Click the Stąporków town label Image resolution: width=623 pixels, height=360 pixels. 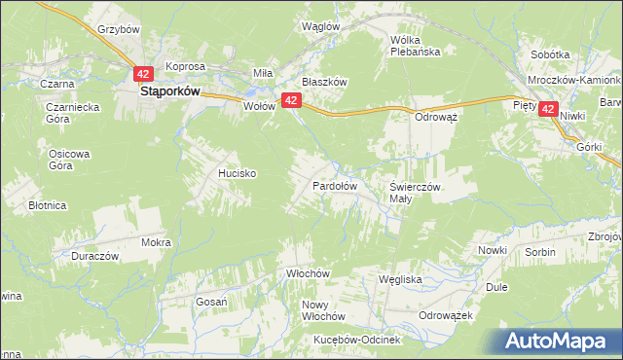click(x=170, y=90)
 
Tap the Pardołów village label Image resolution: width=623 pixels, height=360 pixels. click(x=335, y=185)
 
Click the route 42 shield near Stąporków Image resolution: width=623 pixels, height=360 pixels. click(x=143, y=74)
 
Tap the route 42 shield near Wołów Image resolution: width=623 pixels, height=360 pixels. click(x=290, y=99)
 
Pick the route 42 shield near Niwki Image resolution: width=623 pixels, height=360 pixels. click(x=549, y=111)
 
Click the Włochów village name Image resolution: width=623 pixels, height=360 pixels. click(x=310, y=274)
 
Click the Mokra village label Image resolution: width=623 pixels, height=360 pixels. click(x=156, y=242)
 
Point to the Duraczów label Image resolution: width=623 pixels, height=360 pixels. click(x=94, y=256)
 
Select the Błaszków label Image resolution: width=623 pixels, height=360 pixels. click(x=324, y=83)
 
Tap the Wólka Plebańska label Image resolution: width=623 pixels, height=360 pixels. click(x=416, y=46)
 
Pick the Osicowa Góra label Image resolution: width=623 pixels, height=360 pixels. click(x=69, y=160)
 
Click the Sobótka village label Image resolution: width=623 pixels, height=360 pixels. click(x=550, y=55)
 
